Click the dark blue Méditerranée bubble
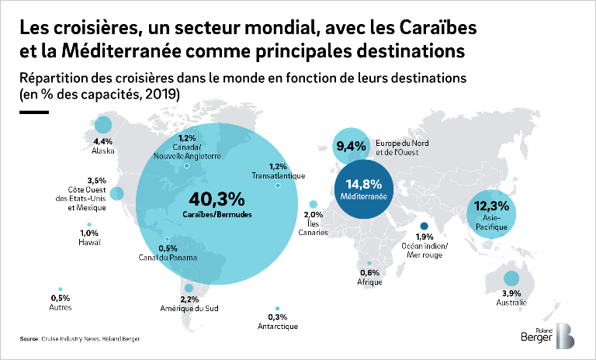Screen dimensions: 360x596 click(366, 191)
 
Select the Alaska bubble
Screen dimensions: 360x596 click(102, 126)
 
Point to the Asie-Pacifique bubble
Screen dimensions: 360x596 click(490, 210)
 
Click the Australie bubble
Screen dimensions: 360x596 click(511, 279)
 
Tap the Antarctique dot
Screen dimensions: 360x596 click(277, 308)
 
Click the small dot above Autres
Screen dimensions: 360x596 click(60, 289)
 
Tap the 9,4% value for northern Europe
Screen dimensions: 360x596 click(349, 144)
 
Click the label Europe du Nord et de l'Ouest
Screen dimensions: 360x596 click(400, 147)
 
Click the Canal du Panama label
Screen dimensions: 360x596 click(168, 258)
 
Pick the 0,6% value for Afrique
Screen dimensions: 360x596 click(370, 272)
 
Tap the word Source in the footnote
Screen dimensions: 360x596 click(29, 339)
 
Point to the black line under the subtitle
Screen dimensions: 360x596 click(34, 111)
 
